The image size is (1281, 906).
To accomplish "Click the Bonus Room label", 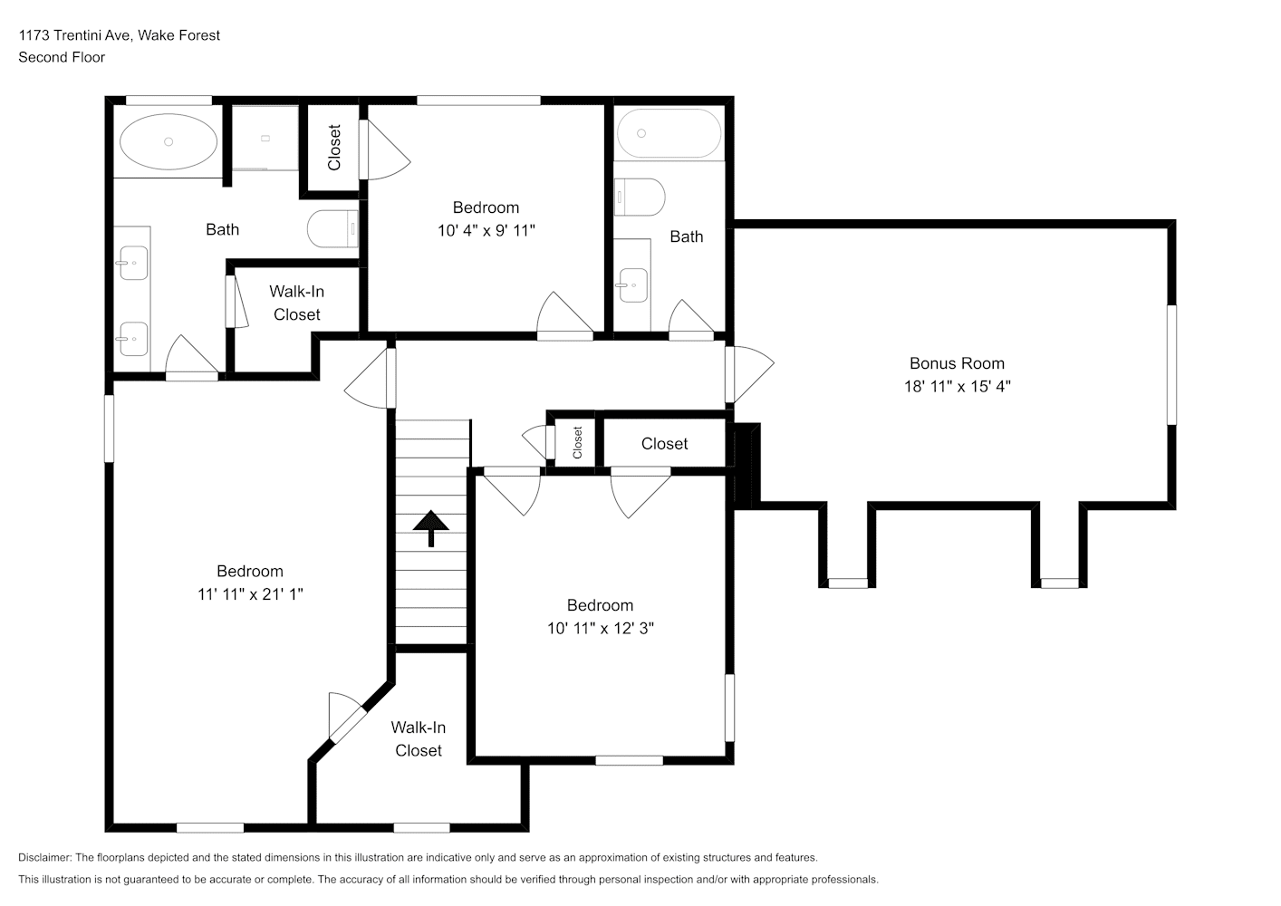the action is tap(957, 363).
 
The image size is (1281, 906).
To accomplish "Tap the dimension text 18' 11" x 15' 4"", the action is tap(957, 387).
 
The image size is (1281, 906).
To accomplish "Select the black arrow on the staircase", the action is tap(430, 528).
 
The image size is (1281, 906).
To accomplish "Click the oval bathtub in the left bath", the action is tap(169, 141).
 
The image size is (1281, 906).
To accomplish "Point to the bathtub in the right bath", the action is tap(669, 133).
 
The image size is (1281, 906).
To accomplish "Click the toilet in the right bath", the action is tap(640, 197).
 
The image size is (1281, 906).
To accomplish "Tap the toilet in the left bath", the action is tap(332, 229).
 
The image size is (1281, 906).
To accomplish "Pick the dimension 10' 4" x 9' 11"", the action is tap(486, 230).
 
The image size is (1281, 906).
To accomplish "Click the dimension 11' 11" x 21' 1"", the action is tap(250, 594).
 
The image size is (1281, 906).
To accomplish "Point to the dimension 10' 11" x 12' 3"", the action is tap(600, 629).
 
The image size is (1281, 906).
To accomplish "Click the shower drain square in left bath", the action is tap(265, 139).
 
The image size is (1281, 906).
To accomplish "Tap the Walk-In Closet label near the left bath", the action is tap(297, 304).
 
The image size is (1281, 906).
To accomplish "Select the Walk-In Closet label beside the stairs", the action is tap(418, 739).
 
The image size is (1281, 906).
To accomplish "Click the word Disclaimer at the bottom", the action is tap(45, 857).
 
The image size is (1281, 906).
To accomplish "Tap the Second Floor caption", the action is tap(62, 57).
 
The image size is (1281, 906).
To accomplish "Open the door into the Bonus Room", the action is tap(749, 374).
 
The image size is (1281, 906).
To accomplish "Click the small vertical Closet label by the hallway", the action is tap(578, 442).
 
